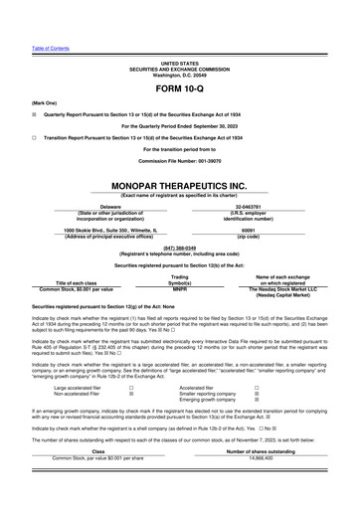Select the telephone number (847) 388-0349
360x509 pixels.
click(x=179, y=248)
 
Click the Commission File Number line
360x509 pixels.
click(x=179, y=161)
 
